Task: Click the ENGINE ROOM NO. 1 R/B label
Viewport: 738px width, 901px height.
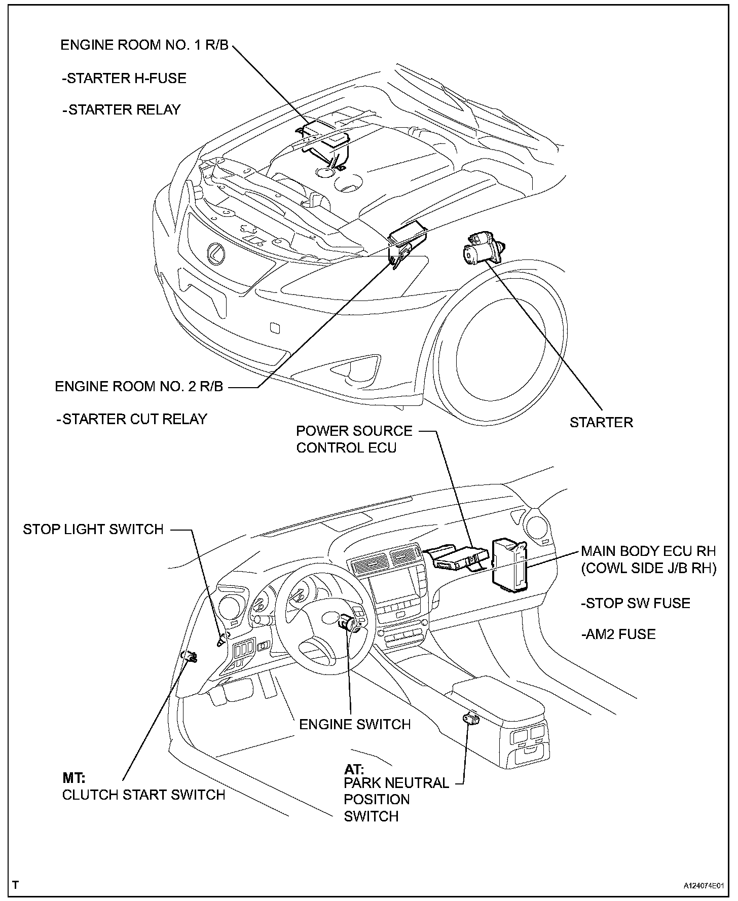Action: (x=144, y=45)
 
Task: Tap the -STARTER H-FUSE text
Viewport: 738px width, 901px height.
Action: (x=124, y=78)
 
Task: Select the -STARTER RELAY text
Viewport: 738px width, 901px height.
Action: (x=122, y=109)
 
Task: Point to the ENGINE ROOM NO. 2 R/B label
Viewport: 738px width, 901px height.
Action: (x=139, y=386)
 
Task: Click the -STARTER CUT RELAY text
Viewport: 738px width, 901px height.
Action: (x=132, y=419)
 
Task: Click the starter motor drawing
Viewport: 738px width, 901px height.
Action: (x=482, y=249)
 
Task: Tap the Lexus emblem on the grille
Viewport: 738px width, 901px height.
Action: (x=216, y=253)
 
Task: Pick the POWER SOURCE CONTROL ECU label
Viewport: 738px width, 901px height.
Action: (x=354, y=439)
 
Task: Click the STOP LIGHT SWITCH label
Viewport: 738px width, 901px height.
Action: (x=93, y=529)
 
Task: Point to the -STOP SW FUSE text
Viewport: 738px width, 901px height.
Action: (x=635, y=603)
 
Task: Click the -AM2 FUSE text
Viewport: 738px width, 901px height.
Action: (x=618, y=634)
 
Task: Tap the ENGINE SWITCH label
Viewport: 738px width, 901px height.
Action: (x=355, y=724)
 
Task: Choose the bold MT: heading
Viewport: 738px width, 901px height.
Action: (x=74, y=778)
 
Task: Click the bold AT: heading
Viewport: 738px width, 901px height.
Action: (x=354, y=768)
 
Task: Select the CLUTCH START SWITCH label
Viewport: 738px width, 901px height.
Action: (x=143, y=795)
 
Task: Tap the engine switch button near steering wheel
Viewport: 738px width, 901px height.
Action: (x=349, y=622)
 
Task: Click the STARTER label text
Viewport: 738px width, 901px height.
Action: (x=601, y=422)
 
